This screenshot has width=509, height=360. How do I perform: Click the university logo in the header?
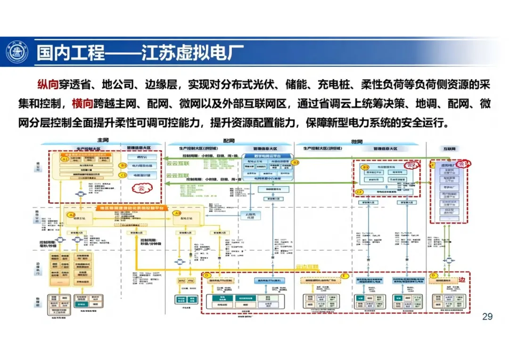coord(17,52)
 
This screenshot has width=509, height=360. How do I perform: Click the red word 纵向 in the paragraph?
coord(49,85)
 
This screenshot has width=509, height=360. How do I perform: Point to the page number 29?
coord(487,316)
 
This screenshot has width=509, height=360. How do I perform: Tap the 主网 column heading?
coord(103,141)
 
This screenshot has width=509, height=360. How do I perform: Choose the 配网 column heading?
coord(229,141)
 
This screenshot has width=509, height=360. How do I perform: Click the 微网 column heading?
coord(357,141)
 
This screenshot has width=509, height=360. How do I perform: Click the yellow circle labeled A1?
coord(65,159)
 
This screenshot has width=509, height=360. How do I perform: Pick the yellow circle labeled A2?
coord(72,214)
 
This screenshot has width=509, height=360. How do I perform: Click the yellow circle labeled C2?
coord(359,192)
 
